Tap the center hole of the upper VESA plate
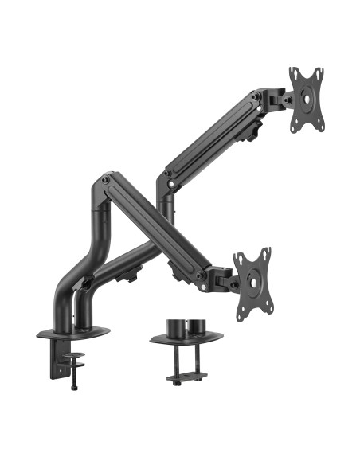coord(307,99)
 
